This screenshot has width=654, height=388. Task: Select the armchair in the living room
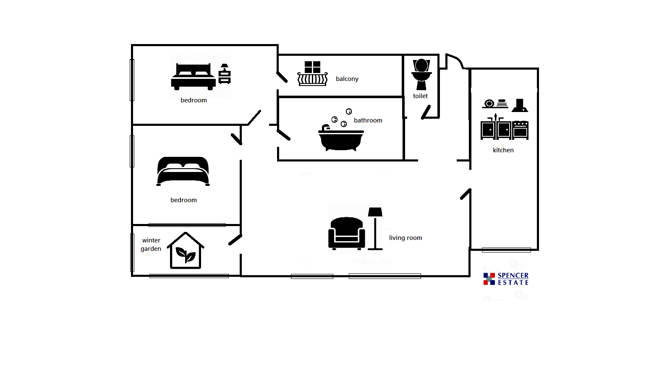pos(346,233)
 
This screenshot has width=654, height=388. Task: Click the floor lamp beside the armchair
pos(375,229)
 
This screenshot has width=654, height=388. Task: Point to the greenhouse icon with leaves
pos(186,250)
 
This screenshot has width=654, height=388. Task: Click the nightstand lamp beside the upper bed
pos(225,74)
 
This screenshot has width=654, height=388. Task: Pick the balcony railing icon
pos(312,79)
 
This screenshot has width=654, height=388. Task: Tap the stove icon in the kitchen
pos(521,130)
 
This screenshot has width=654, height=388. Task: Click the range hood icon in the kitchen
pos(520,105)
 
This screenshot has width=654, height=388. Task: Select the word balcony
pos(347,79)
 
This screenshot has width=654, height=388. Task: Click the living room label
pos(405,238)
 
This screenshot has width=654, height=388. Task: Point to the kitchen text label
pos(503,150)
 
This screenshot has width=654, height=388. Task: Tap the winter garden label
pos(151,245)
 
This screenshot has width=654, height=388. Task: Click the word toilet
pos(420,96)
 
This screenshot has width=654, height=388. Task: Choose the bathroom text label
pos(368,120)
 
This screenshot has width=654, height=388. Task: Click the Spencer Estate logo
pos(506,279)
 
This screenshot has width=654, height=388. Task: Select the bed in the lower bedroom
pos(183,171)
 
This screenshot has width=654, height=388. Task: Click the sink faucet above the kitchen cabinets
pos(496,117)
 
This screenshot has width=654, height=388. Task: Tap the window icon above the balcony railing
pos(312,67)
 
